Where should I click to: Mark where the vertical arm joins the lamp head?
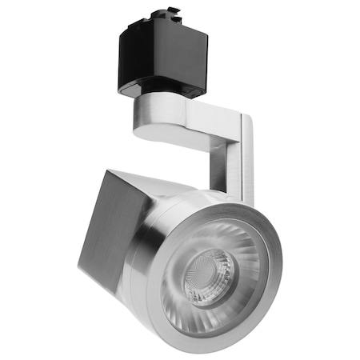(228, 196)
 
